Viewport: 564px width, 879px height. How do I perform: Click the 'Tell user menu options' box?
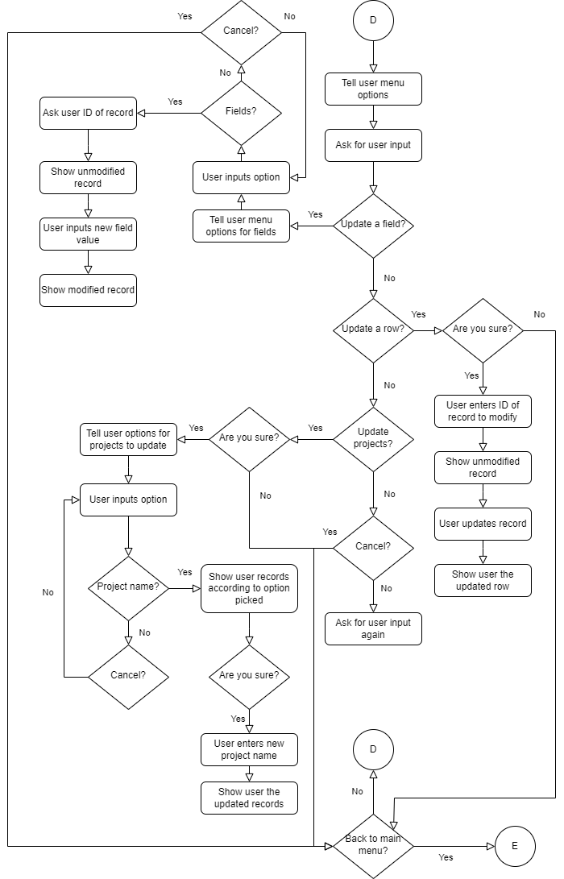(x=373, y=89)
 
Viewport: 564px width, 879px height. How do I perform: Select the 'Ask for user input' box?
(x=373, y=145)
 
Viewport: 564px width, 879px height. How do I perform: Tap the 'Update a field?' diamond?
(x=373, y=226)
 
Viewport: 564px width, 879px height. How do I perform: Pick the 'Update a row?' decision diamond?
(x=373, y=330)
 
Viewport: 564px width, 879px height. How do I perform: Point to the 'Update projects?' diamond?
(x=373, y=439)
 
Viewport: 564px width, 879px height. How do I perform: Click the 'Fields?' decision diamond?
(x=241, y=113)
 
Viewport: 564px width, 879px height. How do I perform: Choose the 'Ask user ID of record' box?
(x=88, y=113)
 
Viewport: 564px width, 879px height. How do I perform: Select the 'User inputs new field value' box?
(x=88, y=234)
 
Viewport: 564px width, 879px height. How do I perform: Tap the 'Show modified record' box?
(x=88, y=290)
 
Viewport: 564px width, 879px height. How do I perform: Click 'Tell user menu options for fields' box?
(x=241, y=226)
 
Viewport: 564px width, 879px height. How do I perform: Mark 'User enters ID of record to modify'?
(x=483, y=411)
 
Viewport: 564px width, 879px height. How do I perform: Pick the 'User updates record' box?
(x=483, y=524)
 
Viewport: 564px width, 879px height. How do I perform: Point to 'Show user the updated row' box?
(x=483, y=580)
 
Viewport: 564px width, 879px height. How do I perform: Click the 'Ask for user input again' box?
(x=373, y=628)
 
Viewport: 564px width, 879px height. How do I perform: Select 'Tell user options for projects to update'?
(x=128, y=439)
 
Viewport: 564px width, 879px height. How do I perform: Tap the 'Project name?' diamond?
(x=128, y=588)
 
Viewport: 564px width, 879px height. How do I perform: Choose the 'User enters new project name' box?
(x=249, y=749)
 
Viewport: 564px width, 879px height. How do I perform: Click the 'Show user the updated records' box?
(x=249, y=798)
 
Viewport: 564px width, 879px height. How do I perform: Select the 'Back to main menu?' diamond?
(x=373, y=846)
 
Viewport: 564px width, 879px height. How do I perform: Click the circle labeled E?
(x=515, y=846)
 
